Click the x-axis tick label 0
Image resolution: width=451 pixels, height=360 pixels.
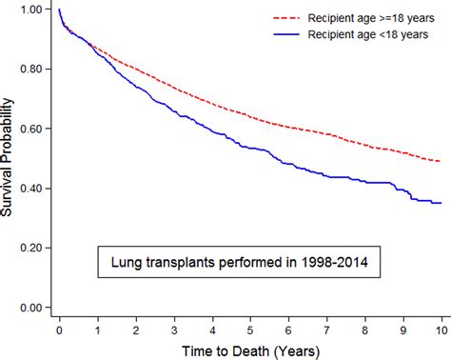[x=60, y=329]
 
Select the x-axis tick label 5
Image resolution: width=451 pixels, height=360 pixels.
[x=249, y=329]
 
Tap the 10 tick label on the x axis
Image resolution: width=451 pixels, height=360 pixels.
[x=439, y=329]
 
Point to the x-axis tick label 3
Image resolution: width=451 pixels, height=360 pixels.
[x=173, y=329]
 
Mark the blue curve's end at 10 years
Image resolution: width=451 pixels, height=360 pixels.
[x=439, y=203]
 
